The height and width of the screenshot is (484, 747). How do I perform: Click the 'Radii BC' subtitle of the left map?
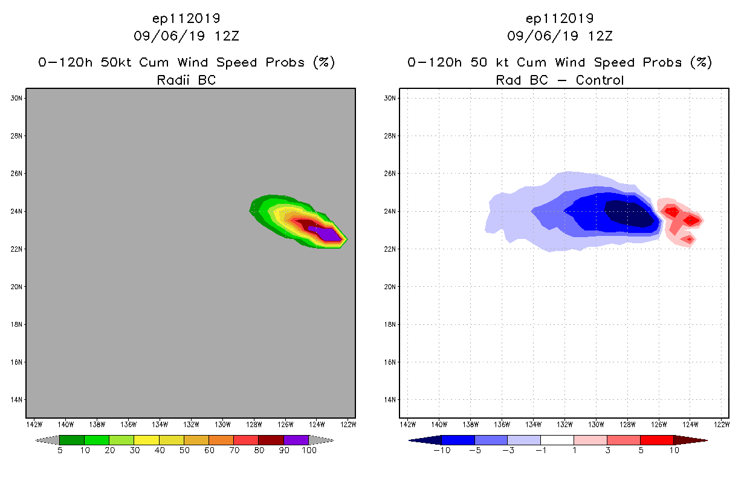tap(186, 80)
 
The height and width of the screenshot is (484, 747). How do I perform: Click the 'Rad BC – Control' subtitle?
tap(560, 80)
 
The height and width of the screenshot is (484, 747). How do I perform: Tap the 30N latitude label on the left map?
tap(17, 98)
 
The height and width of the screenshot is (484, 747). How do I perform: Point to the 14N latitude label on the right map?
tap(390, 400)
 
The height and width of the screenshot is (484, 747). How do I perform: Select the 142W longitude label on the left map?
tap(34, 423)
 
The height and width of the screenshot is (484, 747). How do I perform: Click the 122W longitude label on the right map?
tap(720, 423)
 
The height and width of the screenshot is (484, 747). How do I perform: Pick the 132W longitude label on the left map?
tap(191, 423)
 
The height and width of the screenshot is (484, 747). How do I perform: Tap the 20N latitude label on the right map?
tap(390, 287)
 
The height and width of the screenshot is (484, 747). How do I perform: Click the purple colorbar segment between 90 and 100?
tap(296, 440)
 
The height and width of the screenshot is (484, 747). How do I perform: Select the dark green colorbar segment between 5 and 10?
tap(72, 440)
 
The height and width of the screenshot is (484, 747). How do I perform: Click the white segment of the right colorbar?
tap(557, 440)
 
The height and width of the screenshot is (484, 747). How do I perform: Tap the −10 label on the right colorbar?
tap(441, 451)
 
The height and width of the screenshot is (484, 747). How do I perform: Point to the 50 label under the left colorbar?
tap(184, 451)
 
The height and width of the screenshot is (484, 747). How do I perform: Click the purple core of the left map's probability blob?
tap(326, 234)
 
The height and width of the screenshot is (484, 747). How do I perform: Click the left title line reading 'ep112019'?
tap(186, 18)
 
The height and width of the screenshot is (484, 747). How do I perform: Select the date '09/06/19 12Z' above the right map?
tap(560, 36)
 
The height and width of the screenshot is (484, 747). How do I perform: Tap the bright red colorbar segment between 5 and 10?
tap(656, 440)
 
